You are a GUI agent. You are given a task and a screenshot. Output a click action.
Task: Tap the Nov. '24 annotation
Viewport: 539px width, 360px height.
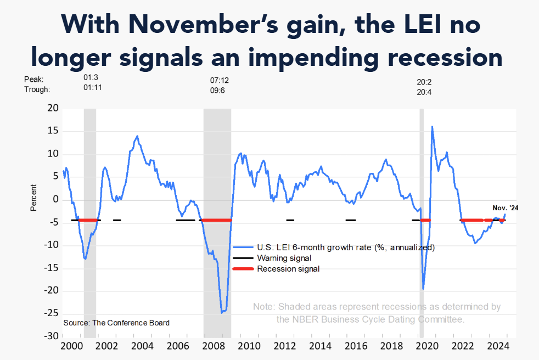point(505,208)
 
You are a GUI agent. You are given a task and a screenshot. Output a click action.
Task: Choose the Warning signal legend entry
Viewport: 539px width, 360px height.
point(284,258)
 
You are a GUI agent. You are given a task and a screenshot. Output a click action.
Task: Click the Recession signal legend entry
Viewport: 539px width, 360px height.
point(288,269)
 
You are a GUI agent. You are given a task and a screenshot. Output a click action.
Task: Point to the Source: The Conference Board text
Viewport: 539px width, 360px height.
point(116,323)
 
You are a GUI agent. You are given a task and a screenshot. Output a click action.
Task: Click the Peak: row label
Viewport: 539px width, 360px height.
point(33,80)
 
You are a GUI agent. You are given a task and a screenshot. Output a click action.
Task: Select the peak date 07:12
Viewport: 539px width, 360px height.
point(220,80)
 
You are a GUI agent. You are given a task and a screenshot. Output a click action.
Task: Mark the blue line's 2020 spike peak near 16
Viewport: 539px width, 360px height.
point(432,127)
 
